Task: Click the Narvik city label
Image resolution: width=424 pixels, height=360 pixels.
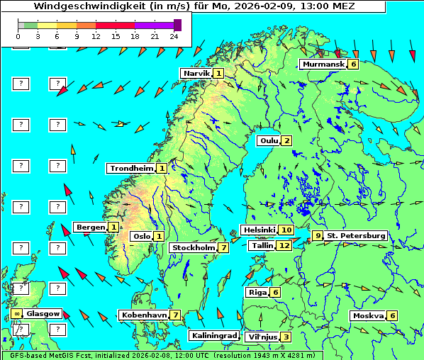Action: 196,73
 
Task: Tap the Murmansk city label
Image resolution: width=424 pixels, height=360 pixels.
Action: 323,64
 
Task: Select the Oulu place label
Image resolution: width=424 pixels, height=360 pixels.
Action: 268,140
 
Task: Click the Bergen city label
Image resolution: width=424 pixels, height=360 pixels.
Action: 90,227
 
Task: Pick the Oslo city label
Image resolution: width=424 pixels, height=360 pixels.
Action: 141,236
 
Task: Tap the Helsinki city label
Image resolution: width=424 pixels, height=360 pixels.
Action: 259,230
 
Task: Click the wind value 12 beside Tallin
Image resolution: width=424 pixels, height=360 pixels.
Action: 284,245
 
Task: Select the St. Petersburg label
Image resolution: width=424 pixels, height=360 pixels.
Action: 355,235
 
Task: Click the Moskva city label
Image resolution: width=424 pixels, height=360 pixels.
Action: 368,315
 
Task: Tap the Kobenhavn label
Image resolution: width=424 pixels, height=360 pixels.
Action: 144,315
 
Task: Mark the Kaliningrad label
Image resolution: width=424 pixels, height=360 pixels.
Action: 213,335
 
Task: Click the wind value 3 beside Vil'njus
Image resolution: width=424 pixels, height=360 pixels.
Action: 285,337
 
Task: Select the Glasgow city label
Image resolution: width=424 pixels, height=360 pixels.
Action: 43,313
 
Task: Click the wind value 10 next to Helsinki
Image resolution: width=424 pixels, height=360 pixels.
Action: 286,230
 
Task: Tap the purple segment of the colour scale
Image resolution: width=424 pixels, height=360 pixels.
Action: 154,25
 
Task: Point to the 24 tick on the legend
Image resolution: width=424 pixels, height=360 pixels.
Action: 174,35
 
